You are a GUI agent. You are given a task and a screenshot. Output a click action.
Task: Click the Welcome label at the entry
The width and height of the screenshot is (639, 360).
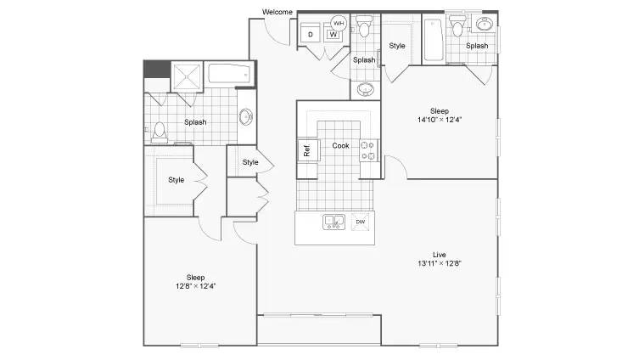[277, 12]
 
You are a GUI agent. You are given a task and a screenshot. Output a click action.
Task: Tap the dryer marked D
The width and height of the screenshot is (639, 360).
[311, 33]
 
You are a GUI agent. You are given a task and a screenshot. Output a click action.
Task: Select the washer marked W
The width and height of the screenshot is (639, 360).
[334, 35]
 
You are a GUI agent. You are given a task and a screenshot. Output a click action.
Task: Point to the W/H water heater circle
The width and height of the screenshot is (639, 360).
[339, 23]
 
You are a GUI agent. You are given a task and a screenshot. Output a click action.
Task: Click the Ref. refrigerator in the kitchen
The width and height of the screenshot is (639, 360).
[308, 150]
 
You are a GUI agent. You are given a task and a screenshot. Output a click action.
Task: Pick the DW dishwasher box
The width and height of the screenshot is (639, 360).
[361, 222]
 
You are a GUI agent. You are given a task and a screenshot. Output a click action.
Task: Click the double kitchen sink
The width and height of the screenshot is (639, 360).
[334, 222]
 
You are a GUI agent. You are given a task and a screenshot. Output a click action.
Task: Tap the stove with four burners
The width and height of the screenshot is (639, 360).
[368, 150]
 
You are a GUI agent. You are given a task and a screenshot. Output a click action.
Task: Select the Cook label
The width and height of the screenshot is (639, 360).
[340, 145]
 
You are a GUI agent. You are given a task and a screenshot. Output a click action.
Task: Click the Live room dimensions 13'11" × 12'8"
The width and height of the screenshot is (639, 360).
[440, 263]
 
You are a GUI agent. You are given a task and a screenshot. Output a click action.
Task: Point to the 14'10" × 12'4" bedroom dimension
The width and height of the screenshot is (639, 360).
[440, 120]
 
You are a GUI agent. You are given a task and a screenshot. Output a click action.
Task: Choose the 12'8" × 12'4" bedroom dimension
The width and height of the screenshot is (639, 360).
[196, 286]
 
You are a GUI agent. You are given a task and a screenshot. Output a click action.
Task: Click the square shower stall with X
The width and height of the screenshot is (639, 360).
[187, 76]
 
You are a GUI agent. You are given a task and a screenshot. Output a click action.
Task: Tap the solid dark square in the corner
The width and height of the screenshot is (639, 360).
[157, 70]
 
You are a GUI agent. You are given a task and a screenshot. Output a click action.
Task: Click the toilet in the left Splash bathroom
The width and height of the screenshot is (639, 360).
[160, 132]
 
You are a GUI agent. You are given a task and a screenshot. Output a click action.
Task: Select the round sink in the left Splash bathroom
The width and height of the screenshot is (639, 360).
[246, 117]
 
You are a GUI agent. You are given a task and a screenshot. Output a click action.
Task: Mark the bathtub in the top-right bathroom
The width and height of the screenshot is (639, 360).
[434, 40]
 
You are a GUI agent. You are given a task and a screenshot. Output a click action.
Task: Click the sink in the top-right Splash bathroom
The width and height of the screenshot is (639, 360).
[485, 25]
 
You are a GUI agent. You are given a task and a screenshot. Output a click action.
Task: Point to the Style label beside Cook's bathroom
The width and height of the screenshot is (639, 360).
[397, 46]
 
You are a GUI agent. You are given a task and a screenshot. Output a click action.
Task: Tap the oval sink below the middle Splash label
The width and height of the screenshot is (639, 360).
[366, 89]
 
